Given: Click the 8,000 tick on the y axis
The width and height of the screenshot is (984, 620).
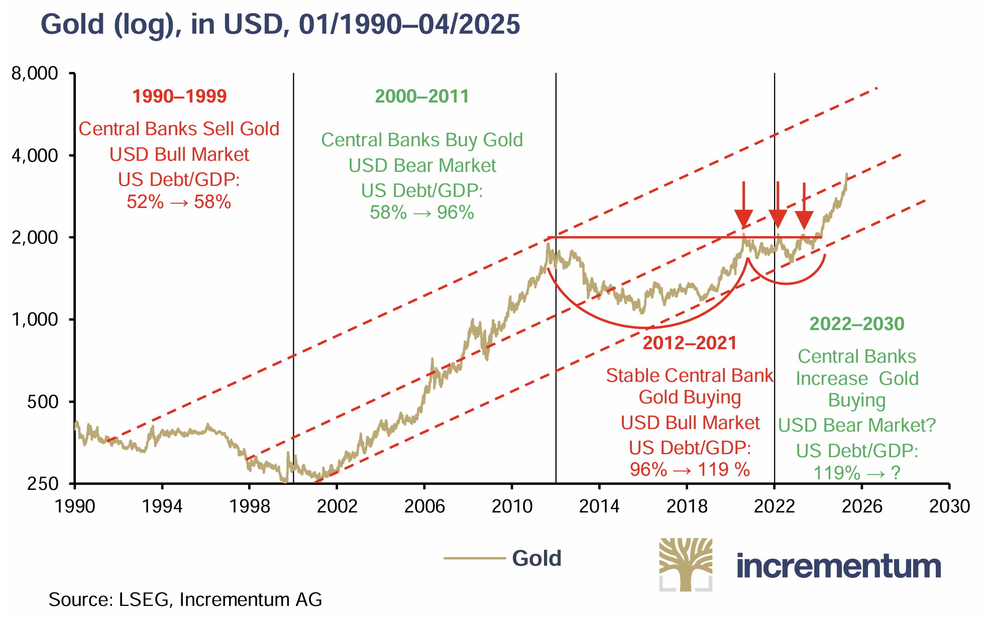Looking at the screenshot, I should click(x=34, y=73).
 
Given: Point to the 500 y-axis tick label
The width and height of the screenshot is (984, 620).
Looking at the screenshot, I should click(x=42, y=402).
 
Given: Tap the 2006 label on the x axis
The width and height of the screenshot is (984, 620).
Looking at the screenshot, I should click(x=424, y=505).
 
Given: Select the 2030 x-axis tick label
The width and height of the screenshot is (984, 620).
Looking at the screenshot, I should click(x=949, y=505).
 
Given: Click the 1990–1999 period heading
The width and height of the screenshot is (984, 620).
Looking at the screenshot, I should click(x=179, y=96).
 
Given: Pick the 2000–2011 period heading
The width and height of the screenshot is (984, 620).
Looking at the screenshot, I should click(x=422, y=96).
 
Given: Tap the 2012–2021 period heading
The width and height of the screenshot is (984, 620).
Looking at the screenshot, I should click(x=690, y=343).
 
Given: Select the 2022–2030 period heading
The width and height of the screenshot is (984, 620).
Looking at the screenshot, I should click(x=857, y=324).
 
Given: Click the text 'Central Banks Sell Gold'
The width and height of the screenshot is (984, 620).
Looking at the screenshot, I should click(x=179, y=129).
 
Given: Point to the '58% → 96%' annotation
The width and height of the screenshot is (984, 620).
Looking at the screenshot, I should click(x=422, y=213).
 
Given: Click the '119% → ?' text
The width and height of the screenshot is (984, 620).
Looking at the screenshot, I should click(x=857, y=473).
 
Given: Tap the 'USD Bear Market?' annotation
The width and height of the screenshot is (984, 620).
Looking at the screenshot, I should click(x=857, y=426).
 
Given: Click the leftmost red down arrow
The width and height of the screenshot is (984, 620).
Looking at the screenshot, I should click(x=744, y=206).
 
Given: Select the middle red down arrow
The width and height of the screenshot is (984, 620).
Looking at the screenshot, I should click(x=778, y=206).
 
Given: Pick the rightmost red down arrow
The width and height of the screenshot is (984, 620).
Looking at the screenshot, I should click(x=804, y=206).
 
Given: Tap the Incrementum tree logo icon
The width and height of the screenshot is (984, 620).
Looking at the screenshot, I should click(x=686, y=564).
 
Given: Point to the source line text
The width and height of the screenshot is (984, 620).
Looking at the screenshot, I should click(x=185, y=599).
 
